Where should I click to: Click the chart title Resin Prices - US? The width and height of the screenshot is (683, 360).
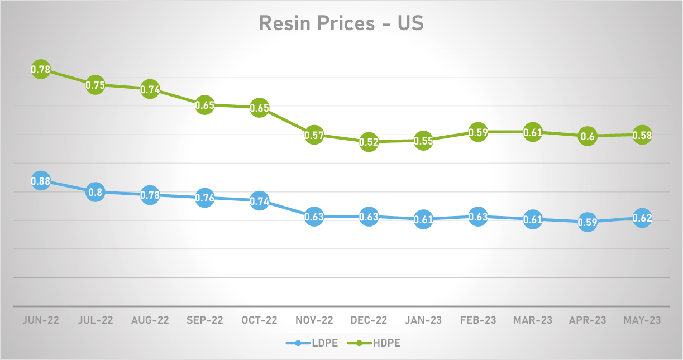pos(341,24)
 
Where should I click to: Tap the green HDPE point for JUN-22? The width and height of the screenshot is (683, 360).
pos(40,70)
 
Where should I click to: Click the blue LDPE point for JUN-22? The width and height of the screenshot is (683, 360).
pos(40,181)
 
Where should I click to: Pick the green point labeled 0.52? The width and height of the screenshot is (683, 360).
pos(369,142)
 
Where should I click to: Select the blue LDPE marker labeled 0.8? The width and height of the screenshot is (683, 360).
pos(95,192)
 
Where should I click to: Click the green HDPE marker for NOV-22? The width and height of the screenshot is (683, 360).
pos(314,135)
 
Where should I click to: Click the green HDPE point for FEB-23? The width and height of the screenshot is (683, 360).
pos(478,132)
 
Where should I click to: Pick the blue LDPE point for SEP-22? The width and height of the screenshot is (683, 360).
pos(204,198)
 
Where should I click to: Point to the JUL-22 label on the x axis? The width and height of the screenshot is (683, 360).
pos(95,320)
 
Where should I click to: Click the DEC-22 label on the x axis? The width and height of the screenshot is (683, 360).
pos(369,320)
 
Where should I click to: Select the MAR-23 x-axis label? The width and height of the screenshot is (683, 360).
pos(533,320)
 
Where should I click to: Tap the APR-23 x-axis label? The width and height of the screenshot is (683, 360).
pos(588,320)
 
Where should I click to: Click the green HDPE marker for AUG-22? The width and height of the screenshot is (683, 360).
pos(150,89)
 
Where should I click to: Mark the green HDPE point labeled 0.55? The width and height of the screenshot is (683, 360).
pos(423,141)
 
